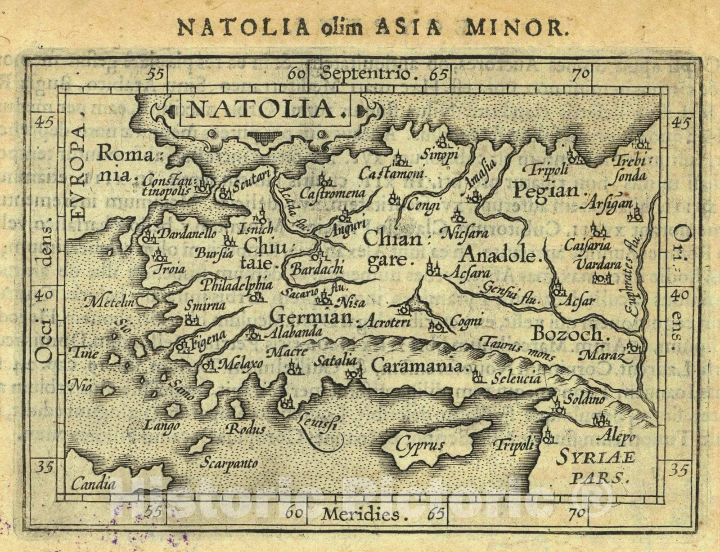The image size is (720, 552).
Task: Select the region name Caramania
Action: coord(418,366)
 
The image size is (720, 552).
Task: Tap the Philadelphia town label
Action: coord(237,285)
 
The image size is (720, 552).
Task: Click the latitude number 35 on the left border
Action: coord(46,467)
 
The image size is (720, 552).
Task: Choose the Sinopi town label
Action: coord(439,155)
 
